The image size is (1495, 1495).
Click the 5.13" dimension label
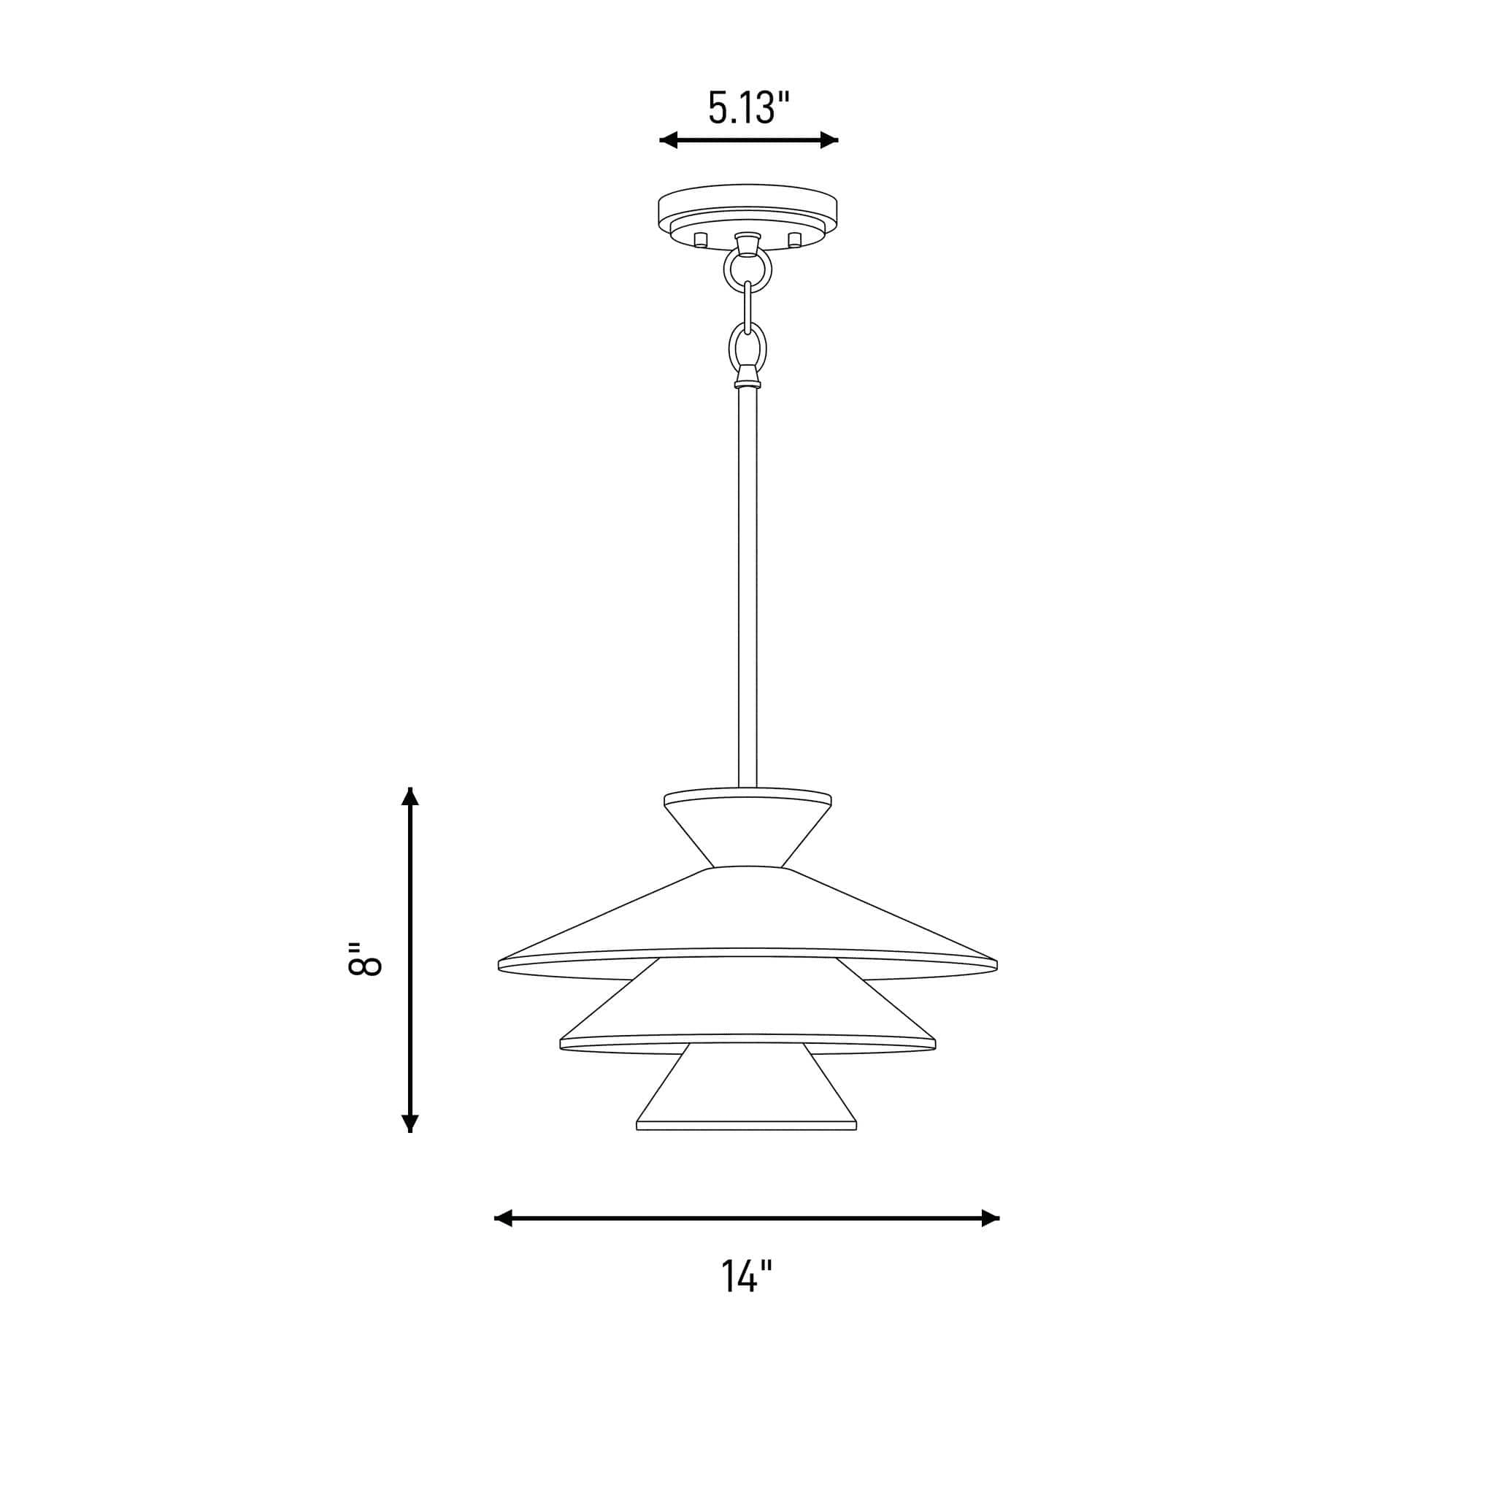tap(748, 108)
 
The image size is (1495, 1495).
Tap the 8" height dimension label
tap(364, 959)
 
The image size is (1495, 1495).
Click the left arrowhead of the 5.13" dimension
tap(669, 140)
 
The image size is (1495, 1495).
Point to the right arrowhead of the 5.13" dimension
tap(829, 140)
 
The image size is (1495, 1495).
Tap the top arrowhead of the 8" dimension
tap(410, 797)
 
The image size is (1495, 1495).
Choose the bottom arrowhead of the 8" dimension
tap(410, 1123)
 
